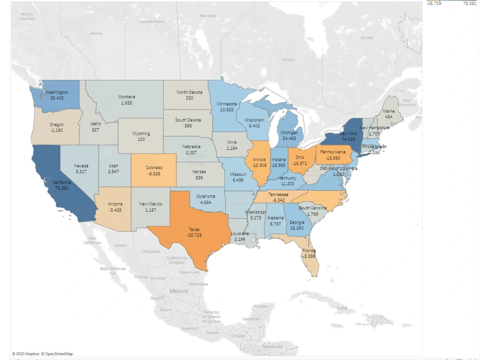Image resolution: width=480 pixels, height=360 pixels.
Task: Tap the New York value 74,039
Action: (x=348, y=139)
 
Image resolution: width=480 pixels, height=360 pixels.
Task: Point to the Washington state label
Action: (x=56, y=92)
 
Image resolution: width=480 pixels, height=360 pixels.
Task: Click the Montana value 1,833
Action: (x=127, y=103)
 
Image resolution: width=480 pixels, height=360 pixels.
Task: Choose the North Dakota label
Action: (x=189, y=92)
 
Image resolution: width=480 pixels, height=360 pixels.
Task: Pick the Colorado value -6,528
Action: (x=154, y=174)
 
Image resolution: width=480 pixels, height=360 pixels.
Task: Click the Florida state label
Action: (x=309, y=251)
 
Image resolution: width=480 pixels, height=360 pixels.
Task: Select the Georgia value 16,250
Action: (x=297, y=228)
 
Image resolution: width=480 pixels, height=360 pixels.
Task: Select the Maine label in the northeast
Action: (x=389, y=111)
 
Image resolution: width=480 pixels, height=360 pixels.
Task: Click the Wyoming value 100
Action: (x=141, y=139)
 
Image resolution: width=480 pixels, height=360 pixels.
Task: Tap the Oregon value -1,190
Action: (x=57, y=130)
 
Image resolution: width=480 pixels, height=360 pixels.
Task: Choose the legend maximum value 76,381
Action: (x=469, y=3)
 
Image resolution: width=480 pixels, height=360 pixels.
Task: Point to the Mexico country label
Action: (x=179, y=291)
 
